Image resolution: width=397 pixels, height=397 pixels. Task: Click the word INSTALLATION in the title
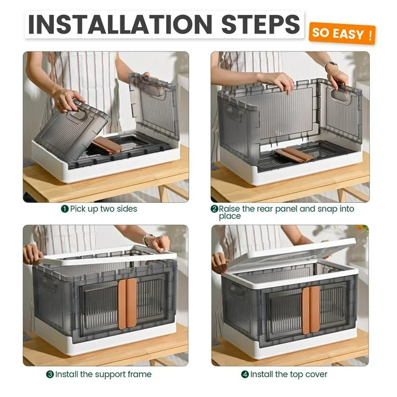[120, 24]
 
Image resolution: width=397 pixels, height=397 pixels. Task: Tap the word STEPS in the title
[261, 24]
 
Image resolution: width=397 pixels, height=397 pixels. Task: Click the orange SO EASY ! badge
[342, 33]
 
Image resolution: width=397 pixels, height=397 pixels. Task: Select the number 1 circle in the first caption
[65, 209]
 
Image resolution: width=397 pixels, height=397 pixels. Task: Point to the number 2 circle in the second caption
[214, 209]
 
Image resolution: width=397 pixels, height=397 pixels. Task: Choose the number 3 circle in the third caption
[50, 374]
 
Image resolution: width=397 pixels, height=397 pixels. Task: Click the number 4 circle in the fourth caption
[245, 374]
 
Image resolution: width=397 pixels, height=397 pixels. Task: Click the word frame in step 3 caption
[140, 374]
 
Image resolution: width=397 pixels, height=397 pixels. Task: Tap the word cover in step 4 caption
[316, 375]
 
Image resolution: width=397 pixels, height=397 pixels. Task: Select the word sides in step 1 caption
[127, 209]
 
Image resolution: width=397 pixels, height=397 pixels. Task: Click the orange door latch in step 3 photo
[127, 303]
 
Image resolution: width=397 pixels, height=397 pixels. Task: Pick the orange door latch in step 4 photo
[311, 310]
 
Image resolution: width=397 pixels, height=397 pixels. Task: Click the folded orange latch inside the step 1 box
[107, 145]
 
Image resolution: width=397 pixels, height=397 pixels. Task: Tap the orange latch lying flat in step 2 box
[294, 155]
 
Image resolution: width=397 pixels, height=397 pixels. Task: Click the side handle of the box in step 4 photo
[237, 292]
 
